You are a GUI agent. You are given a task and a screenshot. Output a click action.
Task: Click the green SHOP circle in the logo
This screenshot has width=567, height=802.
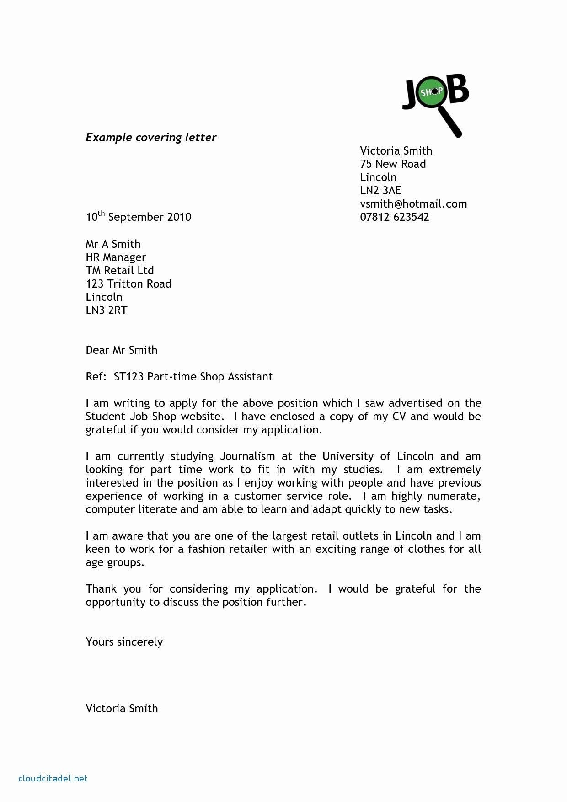432,92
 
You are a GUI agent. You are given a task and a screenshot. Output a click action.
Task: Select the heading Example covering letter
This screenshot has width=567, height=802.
151,138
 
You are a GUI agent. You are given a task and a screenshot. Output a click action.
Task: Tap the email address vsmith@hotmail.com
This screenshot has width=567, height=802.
413,204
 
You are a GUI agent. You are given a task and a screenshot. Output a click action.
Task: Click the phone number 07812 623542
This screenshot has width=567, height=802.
394,217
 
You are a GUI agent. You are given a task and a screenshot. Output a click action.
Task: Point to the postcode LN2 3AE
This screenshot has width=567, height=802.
380,191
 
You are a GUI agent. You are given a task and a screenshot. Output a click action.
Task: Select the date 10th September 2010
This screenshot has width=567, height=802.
138,217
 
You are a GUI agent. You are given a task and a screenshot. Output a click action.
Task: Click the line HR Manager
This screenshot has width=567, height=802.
116,257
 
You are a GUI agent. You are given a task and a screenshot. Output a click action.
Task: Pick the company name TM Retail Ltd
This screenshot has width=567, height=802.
119,271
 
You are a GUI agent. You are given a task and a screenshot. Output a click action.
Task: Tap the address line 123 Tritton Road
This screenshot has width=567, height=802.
128,284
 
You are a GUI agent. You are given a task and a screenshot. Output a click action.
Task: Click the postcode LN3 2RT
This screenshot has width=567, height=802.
106,310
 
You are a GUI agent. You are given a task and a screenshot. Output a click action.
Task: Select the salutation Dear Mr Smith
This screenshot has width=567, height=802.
121,350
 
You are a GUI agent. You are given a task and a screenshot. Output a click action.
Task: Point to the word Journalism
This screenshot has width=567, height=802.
247,456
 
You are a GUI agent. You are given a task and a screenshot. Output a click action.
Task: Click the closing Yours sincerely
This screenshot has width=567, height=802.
124,642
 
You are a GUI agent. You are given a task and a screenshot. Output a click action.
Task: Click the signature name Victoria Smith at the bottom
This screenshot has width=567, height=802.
122,709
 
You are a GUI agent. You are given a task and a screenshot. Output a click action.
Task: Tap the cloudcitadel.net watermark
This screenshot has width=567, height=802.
53,778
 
